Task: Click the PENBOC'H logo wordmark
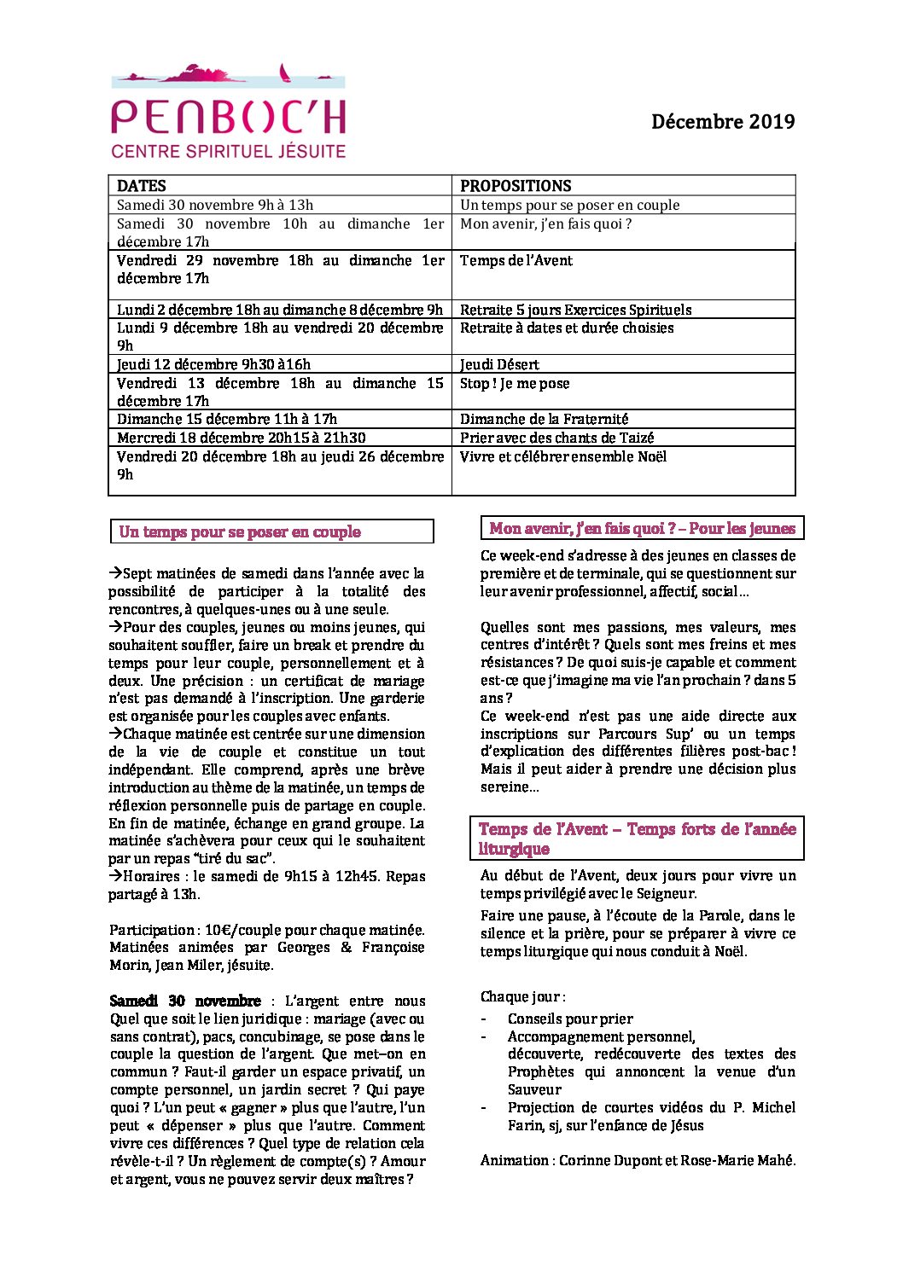tap(228, 117)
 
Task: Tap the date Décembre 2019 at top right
tap(722, 122)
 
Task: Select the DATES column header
tap(142, 186)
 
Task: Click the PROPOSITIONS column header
tap(516, 186)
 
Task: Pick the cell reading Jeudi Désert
tap(499, 364)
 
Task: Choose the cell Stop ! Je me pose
tap(515, 383)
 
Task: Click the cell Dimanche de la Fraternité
tap(544, 419)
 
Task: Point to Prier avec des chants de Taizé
tap(556, 438)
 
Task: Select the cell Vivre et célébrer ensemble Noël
tap(563, 456)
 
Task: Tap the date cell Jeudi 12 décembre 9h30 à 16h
tap(213, 364)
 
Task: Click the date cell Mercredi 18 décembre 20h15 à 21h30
tap(241, 438)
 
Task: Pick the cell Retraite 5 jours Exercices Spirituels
tap(575, 310)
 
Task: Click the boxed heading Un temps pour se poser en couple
tap(240, 531)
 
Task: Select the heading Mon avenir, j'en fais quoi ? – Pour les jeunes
tap(642, 528)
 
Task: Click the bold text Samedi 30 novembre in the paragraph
tap(185, 1001)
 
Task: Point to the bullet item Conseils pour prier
tap(570, 1019)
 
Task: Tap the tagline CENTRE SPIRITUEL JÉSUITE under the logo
tap(228, 152)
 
